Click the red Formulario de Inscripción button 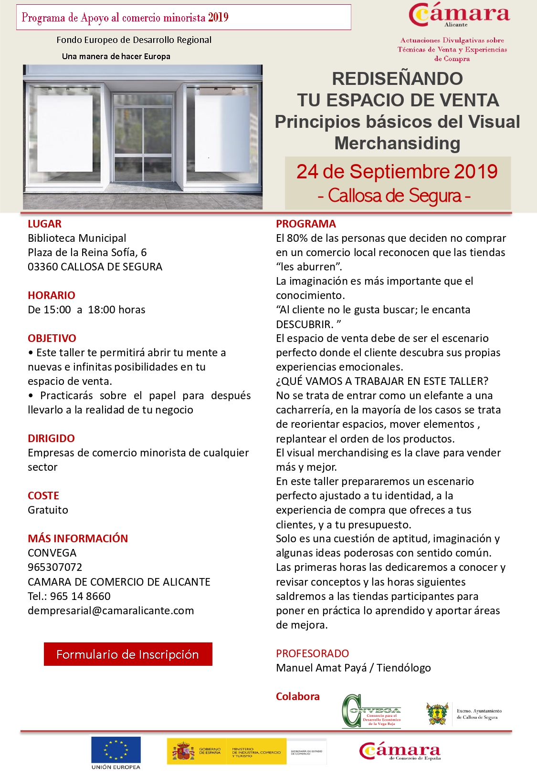coord(127,654)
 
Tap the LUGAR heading coord(44,224)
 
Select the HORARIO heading coord(51,295)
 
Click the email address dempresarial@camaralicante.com coord(111,610)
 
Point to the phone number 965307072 coord(55,567)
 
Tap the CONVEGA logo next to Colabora coord(372,711)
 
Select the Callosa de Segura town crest coord(437,713)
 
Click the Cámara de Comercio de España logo coord(400,751)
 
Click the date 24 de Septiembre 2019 coord(397,172)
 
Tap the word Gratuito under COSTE coord(48,510)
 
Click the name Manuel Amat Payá coord(321,668)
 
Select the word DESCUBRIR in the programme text coord(304,324)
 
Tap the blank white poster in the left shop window coord(65,134)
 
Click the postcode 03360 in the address coord(42,267)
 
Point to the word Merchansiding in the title coord(397,143)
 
